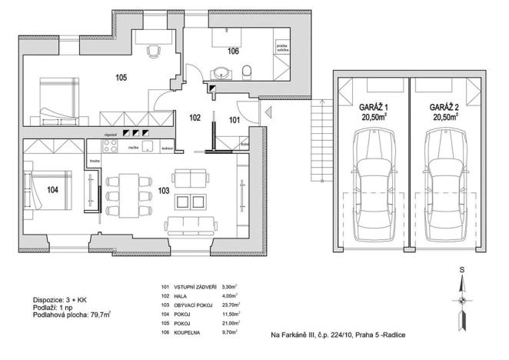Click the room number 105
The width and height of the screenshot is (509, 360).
[121, 78]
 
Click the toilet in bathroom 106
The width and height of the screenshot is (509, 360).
[247, 74]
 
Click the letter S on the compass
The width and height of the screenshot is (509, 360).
[461, 271]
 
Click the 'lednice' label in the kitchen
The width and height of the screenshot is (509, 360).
[168, 148]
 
